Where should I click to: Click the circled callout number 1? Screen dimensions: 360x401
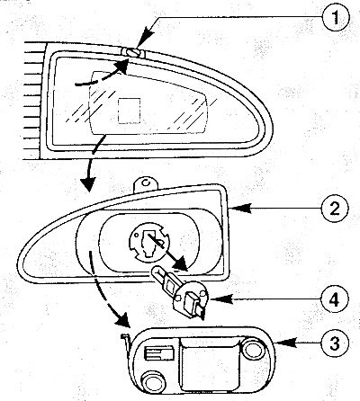tap(336, 17)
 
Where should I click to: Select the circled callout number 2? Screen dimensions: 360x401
tap(335, 209)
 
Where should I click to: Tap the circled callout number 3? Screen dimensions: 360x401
tap(335, 343)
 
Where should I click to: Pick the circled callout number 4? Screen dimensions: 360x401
tap(335, 299)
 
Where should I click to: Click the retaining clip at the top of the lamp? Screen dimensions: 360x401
tap(132, 52)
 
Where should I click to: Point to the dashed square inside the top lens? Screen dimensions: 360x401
tap(130, 111)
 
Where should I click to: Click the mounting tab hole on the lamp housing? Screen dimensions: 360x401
tap(146, 182)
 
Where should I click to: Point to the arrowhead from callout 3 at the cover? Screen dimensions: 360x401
tap(285, 343)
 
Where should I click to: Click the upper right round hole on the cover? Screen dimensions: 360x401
tap(252, 350)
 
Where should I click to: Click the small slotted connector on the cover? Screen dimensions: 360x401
tap(159, 353)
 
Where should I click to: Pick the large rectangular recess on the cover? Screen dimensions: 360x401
tap(210, 364)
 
